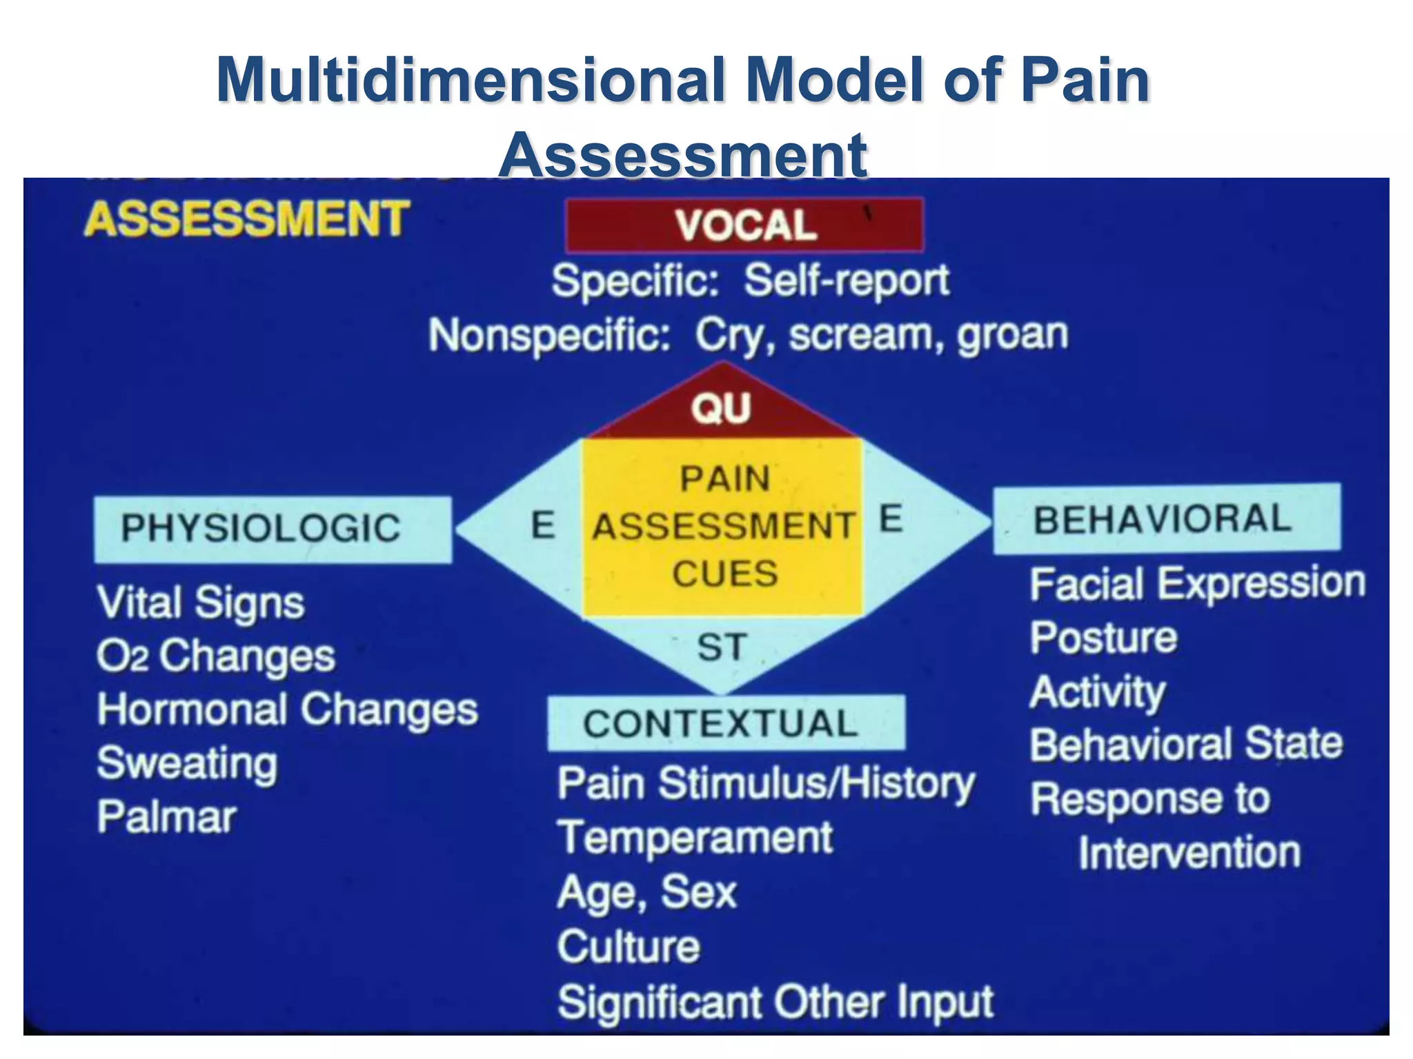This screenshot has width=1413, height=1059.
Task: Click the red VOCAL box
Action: click(744, 225)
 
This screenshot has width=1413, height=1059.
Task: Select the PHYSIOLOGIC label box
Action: click(273, 529)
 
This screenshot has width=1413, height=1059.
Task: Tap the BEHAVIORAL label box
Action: click(1166, 518)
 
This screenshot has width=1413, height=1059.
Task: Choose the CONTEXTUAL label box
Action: click(725, 723)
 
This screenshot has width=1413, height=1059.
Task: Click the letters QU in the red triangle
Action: click(721, 408)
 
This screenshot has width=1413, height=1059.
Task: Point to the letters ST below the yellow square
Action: click(721, 647)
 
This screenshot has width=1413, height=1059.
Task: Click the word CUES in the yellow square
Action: click(724, 574)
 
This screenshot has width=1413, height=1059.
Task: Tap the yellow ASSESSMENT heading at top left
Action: click(246, 219)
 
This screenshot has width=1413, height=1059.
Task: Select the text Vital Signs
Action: click(200, 603)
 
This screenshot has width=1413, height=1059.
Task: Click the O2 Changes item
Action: click(215, 656)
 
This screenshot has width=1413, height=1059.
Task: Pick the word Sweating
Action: click(187, 763)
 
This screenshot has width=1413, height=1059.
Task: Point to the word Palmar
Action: click(166, 817)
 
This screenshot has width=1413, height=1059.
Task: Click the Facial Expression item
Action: click(1197, 584)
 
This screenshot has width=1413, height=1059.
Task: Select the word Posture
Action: click(1103, 637)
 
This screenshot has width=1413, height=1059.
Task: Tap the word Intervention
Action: click(1189, 853)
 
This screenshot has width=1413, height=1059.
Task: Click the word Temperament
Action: click(695, 838)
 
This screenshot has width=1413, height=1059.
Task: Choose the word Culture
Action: click(629, 946)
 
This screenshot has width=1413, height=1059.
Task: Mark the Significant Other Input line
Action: click(775, 1001)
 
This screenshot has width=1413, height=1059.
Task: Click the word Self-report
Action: click(846, 281)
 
